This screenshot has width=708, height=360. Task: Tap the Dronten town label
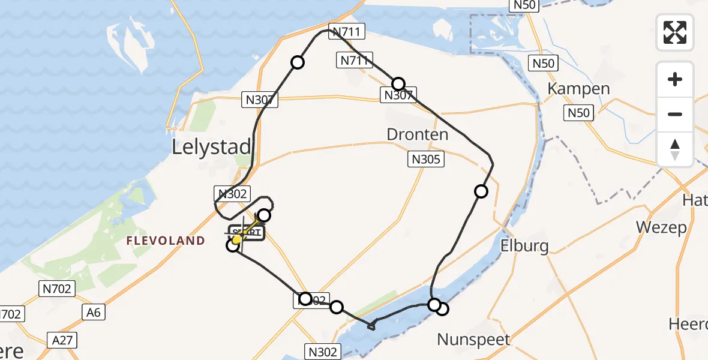click(418, 134)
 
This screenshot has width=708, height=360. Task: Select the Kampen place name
click(578, 89)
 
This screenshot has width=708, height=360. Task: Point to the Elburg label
click(524, 246)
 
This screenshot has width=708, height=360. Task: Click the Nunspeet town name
click(474, 340)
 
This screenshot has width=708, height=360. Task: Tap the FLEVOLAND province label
click(165, 241)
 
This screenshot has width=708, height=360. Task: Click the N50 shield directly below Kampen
click(579, 112)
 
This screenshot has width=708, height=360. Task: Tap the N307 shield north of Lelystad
click(260, 100)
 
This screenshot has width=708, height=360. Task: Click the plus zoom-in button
click(675, 79)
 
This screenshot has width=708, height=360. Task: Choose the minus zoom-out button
click(675, 114)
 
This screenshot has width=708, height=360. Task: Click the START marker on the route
click(245, 233)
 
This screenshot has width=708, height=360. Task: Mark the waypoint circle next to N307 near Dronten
click(398, 84)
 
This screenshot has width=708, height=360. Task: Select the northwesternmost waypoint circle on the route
click(297, 62)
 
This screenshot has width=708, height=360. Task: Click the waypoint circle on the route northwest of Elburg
click(481, 191)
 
